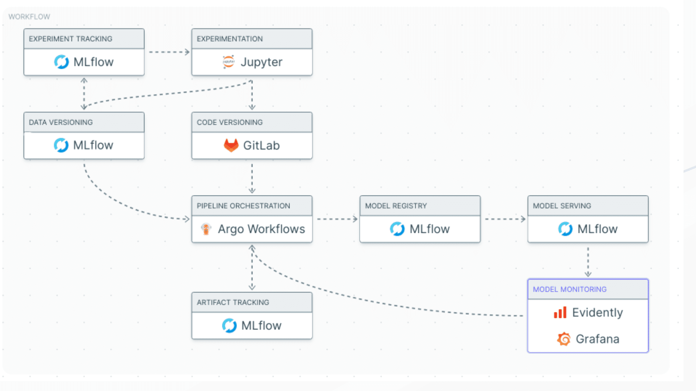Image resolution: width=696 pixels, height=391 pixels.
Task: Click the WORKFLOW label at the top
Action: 29,17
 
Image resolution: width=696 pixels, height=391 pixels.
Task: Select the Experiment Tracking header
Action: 71,39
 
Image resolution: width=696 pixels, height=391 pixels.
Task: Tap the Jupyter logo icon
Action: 228,62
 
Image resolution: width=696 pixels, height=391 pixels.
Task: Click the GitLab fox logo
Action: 231,145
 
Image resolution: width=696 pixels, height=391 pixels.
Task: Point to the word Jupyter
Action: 261,62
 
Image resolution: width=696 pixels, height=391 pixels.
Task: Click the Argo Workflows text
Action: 261,229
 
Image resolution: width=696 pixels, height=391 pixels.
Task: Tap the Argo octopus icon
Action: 206,229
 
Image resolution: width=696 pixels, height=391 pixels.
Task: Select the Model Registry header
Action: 396,206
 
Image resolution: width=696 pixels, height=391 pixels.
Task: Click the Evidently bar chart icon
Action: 560,313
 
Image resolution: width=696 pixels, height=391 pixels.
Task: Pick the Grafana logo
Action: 563,339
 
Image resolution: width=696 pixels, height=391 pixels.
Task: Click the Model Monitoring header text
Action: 570,289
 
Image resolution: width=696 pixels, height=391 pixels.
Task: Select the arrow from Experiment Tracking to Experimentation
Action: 169,52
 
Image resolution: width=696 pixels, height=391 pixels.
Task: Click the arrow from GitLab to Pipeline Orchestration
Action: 252,178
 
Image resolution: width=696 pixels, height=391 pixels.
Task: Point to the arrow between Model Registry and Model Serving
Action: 505,219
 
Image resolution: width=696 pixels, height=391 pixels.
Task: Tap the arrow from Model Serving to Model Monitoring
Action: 588,262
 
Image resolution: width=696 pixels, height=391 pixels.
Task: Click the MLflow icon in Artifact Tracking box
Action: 229,326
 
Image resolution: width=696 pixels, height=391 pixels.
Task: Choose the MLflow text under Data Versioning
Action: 93,145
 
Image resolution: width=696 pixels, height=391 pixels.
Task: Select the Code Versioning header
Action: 230,123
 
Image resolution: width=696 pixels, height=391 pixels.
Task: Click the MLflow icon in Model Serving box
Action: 565,229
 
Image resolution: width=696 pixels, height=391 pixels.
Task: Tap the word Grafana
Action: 597,339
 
